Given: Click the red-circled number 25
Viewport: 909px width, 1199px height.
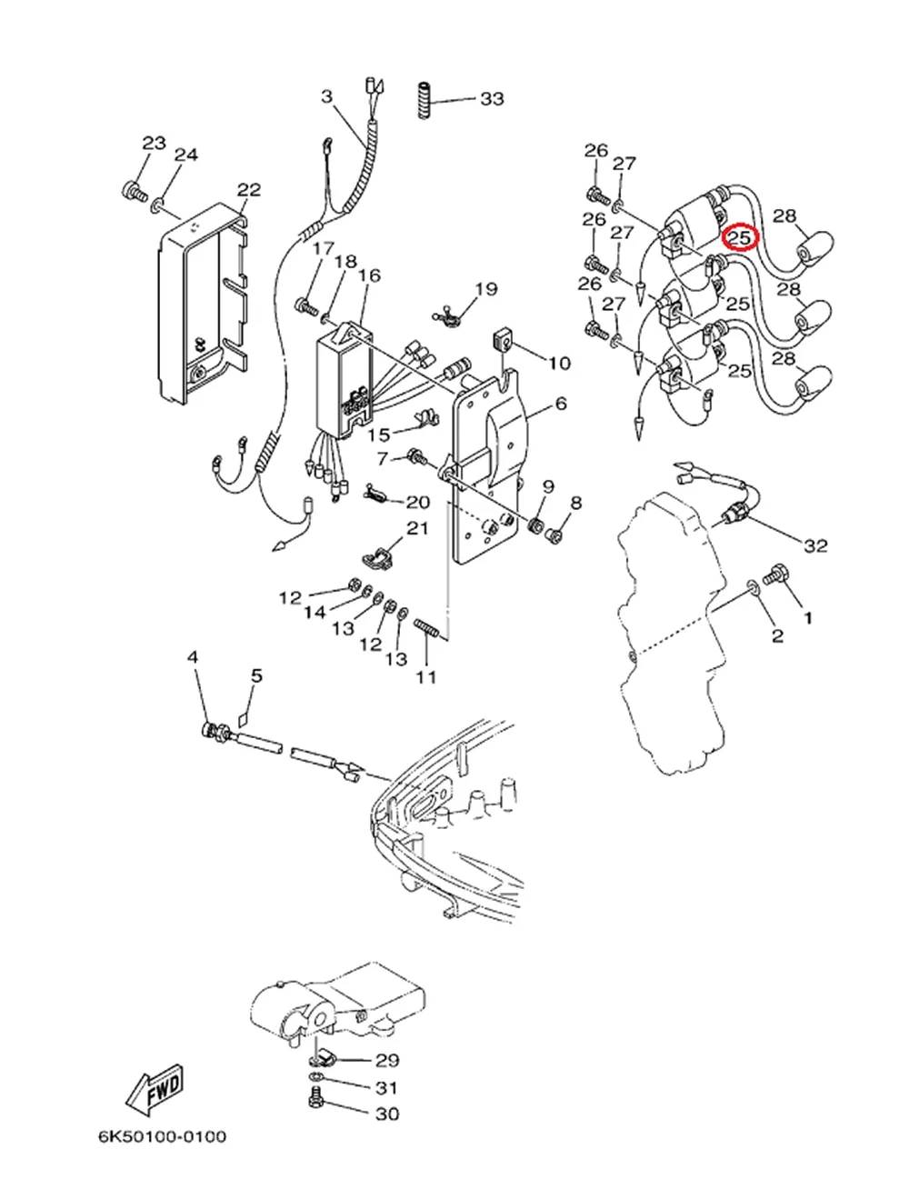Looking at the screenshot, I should click(740, 237).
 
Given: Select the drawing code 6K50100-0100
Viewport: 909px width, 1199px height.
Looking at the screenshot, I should click(164, 1137).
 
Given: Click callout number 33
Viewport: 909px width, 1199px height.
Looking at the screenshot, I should click(492, 98).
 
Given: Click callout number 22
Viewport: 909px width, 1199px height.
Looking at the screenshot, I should click(249, 189).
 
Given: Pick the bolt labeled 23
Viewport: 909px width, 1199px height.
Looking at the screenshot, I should click(133, 191).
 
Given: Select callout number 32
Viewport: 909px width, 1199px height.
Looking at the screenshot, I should click(816, 545).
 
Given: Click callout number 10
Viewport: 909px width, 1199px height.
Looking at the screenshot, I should click(559, 363).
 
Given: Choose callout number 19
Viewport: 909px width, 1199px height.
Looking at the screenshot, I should click(486, 289).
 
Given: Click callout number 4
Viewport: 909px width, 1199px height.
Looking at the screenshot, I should click(193, 656).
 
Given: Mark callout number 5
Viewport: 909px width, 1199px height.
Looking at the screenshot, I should click(257, 675).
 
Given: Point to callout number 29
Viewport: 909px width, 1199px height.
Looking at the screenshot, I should click(388, 1060).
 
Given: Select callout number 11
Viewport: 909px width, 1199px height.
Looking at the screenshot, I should click(425, 676).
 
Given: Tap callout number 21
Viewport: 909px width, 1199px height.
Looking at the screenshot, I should click(417, 529).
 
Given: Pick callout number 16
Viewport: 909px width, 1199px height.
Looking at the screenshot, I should click(369, 275).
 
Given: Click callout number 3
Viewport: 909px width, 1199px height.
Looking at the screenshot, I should click(327, 96).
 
